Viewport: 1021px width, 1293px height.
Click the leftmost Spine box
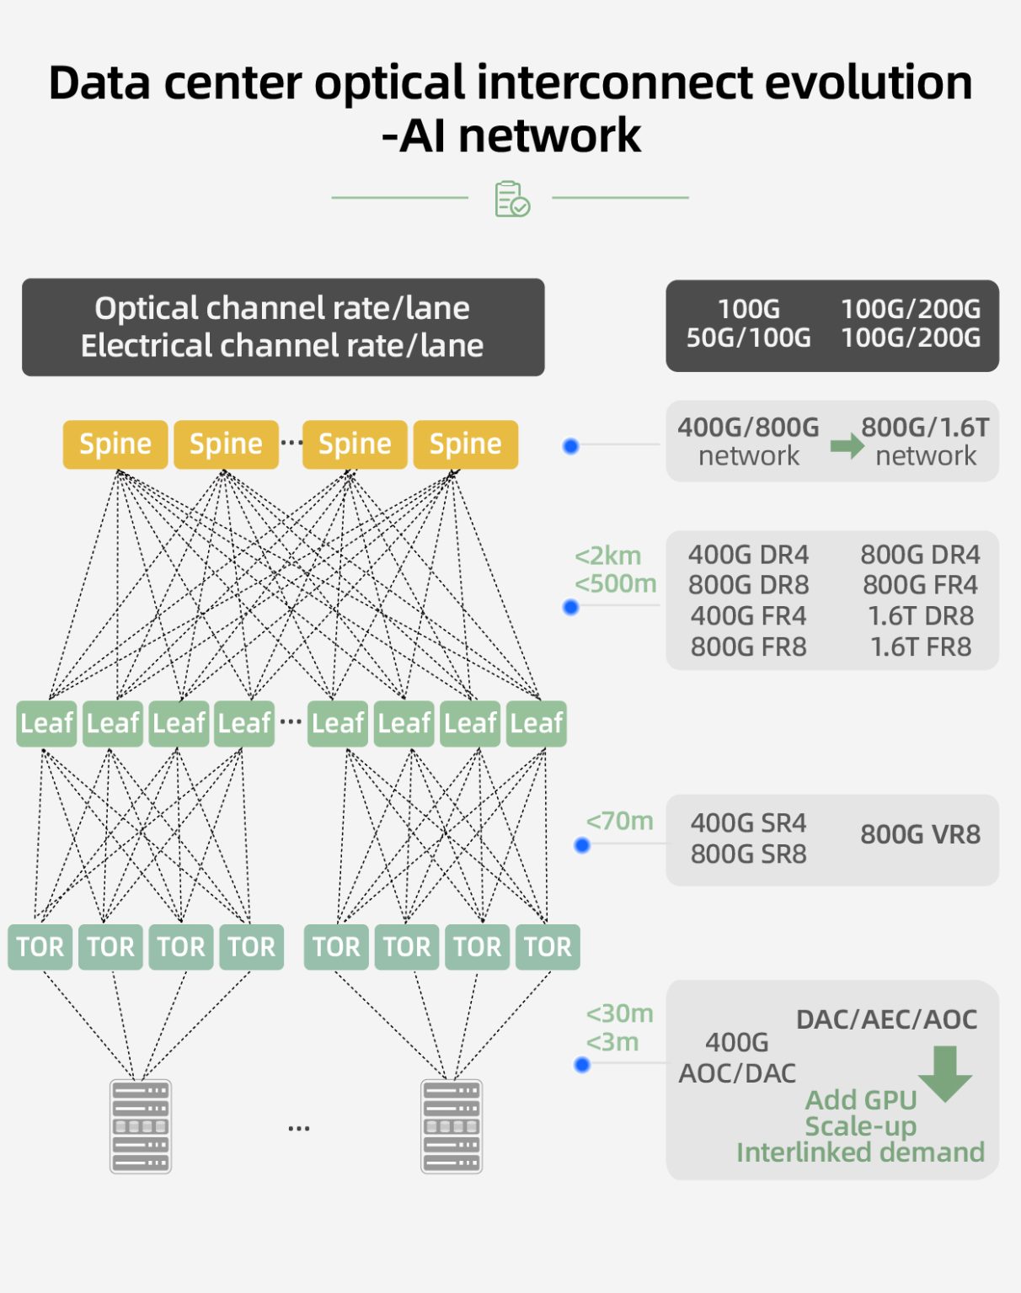click(x=115, y=444)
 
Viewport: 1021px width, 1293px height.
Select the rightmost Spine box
click(x=465, y=444)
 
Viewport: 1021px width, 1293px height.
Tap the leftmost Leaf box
click(x=46, y=723)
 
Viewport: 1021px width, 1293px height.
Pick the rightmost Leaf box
click(x=536, y=723)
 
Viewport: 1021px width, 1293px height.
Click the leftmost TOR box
click(x=40, y=946)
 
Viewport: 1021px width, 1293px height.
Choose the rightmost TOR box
click(x=548, y=946)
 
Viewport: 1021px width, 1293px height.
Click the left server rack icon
click(x=141, y=1125)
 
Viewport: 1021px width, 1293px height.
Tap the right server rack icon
click(x=452, y=1125)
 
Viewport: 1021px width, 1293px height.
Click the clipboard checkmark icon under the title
click(x=511, y=199)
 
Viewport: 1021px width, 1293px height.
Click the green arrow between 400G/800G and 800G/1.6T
click(x=847, y=445)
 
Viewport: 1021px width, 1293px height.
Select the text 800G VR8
click(x=920, y=834)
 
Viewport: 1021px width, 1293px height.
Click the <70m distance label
click(x=619, y=821)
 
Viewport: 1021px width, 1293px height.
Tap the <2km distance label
click(x=607, y=556)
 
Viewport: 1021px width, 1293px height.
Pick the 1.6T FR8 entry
click(x=920, y=646)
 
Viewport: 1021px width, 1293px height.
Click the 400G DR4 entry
click(x=748, y=555)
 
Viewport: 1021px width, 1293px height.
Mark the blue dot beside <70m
click(x=581, y=845)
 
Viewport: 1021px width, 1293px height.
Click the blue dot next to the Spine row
click(x=570, y=446)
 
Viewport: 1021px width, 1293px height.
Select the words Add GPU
click(x=860, y=1099)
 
